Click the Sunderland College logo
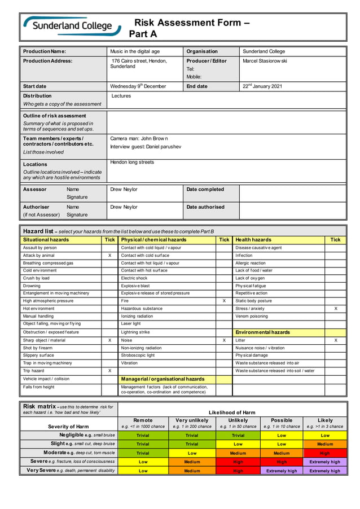point(72,26)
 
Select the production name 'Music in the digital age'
point(135,51)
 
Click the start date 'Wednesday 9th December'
point(138,86)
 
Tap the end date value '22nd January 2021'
point(262,86)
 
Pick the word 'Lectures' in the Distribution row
point(121,96)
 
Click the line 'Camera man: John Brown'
point(139,138)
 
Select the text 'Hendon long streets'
point(133,162)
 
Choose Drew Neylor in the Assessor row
point(124,190)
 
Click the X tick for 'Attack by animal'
point(109,256)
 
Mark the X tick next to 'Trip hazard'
point(109,371)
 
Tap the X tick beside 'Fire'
point(224,301)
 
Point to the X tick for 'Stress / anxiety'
point(336,309)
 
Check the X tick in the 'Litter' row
point(336,340)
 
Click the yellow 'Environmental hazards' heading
point(262,332)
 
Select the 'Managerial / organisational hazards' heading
point(163,379)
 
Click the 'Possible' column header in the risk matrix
point(282,420)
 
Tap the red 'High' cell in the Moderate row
point(324,453)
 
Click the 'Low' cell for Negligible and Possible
point(282,436)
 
